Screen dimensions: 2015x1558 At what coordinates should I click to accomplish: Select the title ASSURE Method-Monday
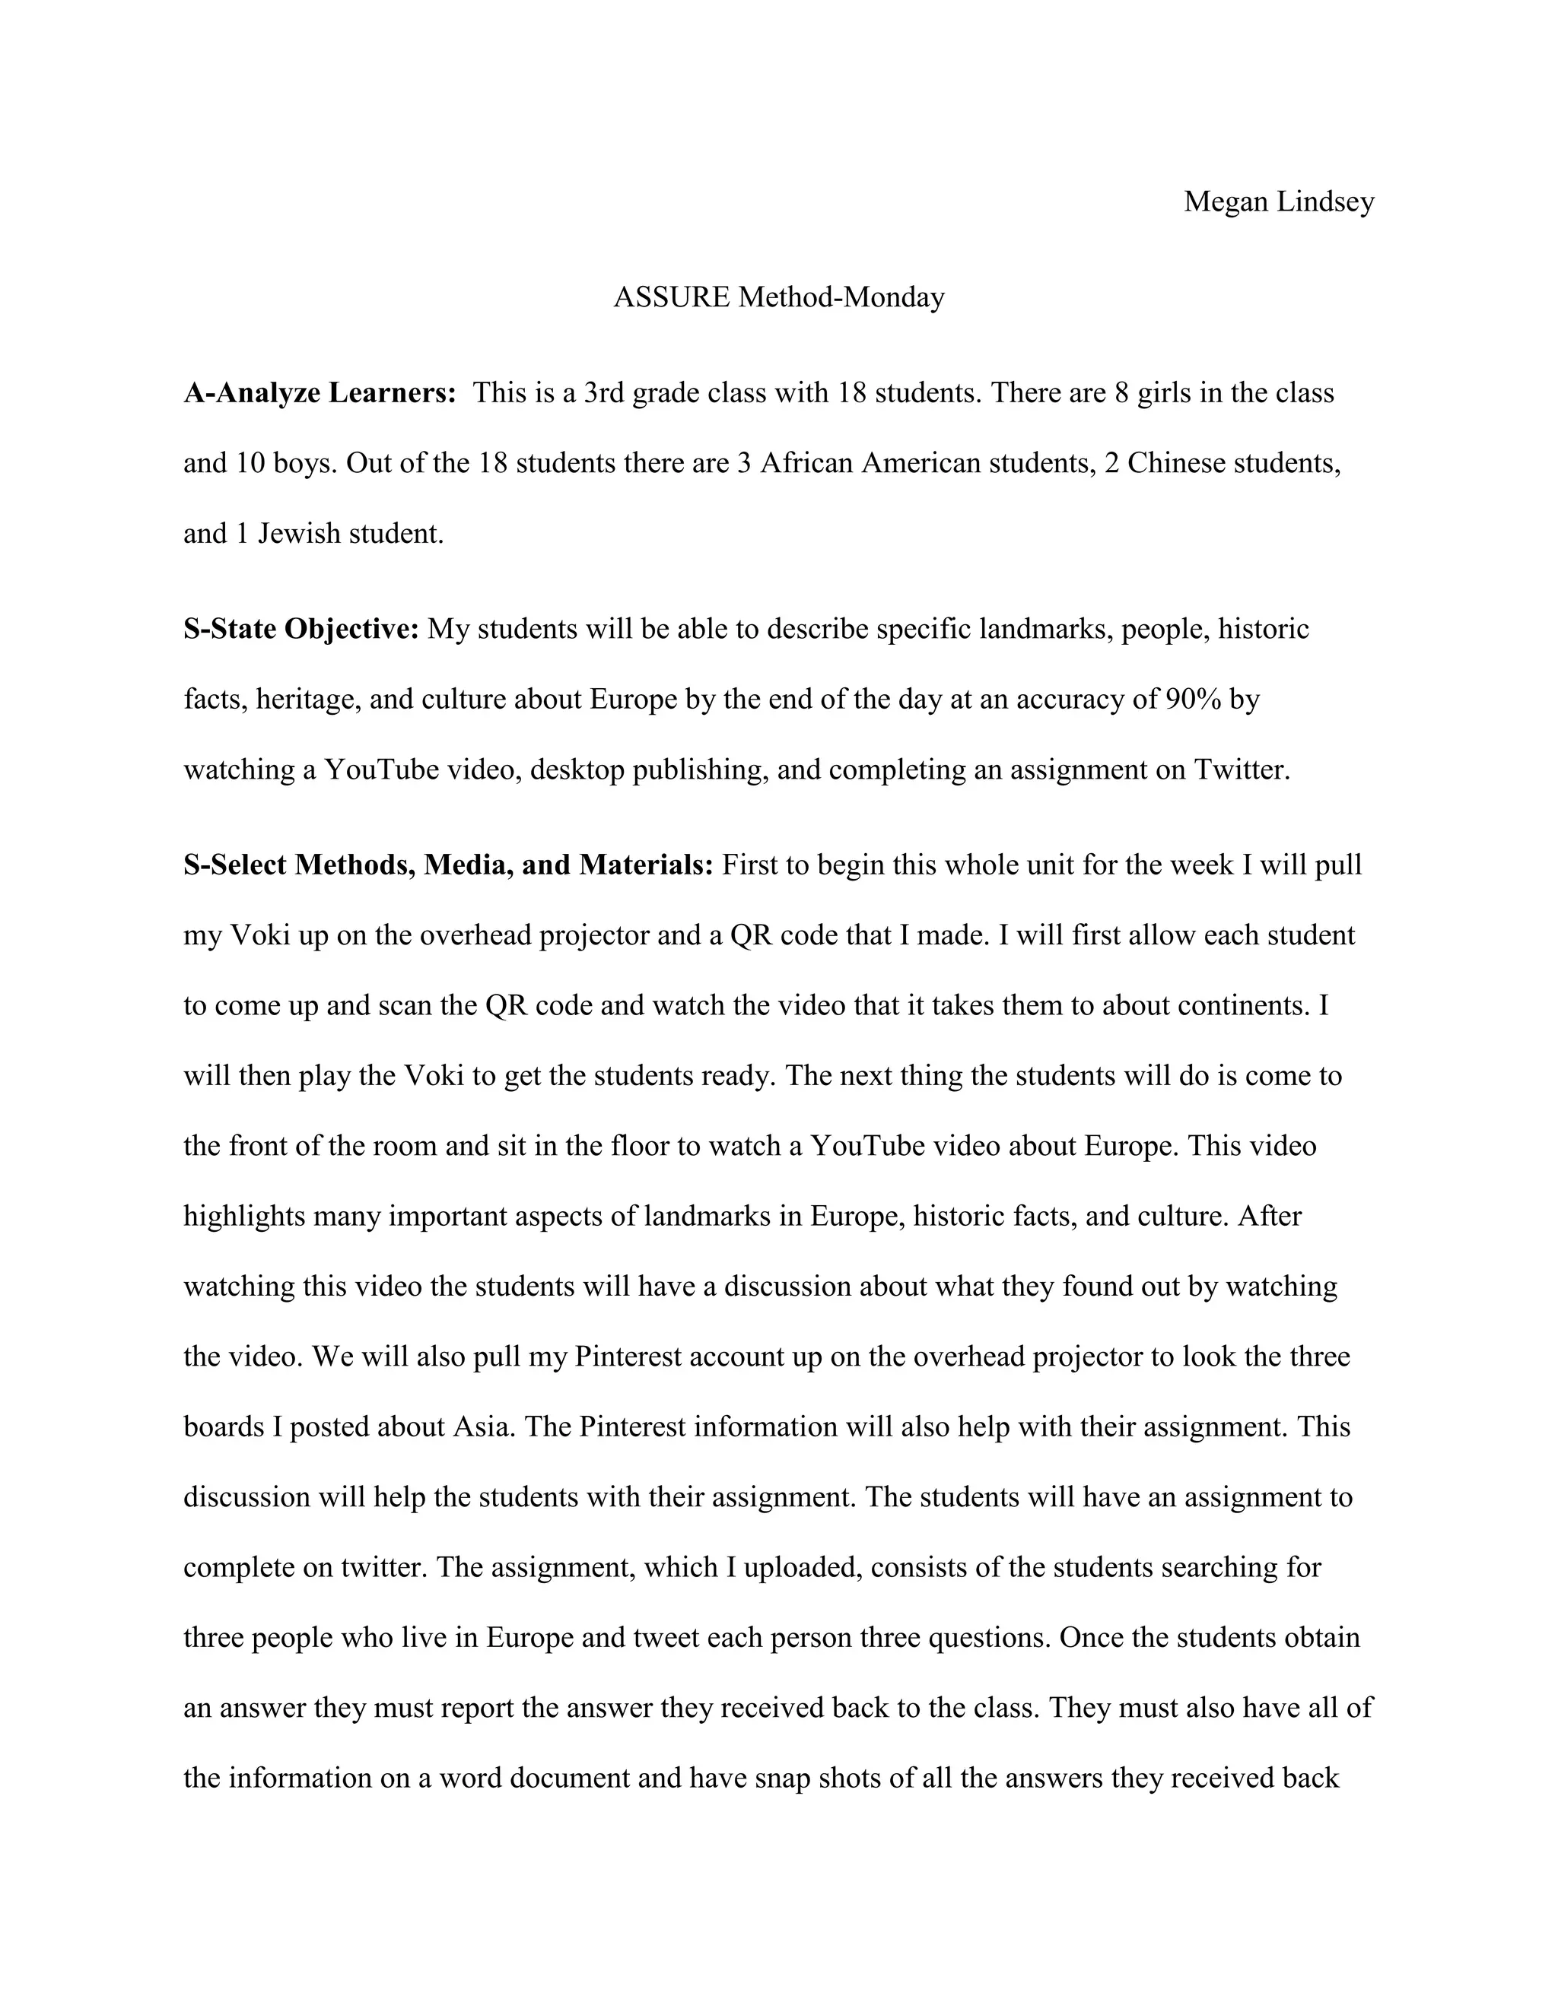[779, 298]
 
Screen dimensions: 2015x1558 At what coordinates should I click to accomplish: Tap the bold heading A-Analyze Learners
[320, 394]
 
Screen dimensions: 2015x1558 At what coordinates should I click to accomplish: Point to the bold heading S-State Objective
[301, 630]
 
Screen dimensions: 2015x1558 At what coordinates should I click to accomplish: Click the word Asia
[482, 1426]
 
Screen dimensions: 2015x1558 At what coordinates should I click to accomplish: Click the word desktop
[578, 770]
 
